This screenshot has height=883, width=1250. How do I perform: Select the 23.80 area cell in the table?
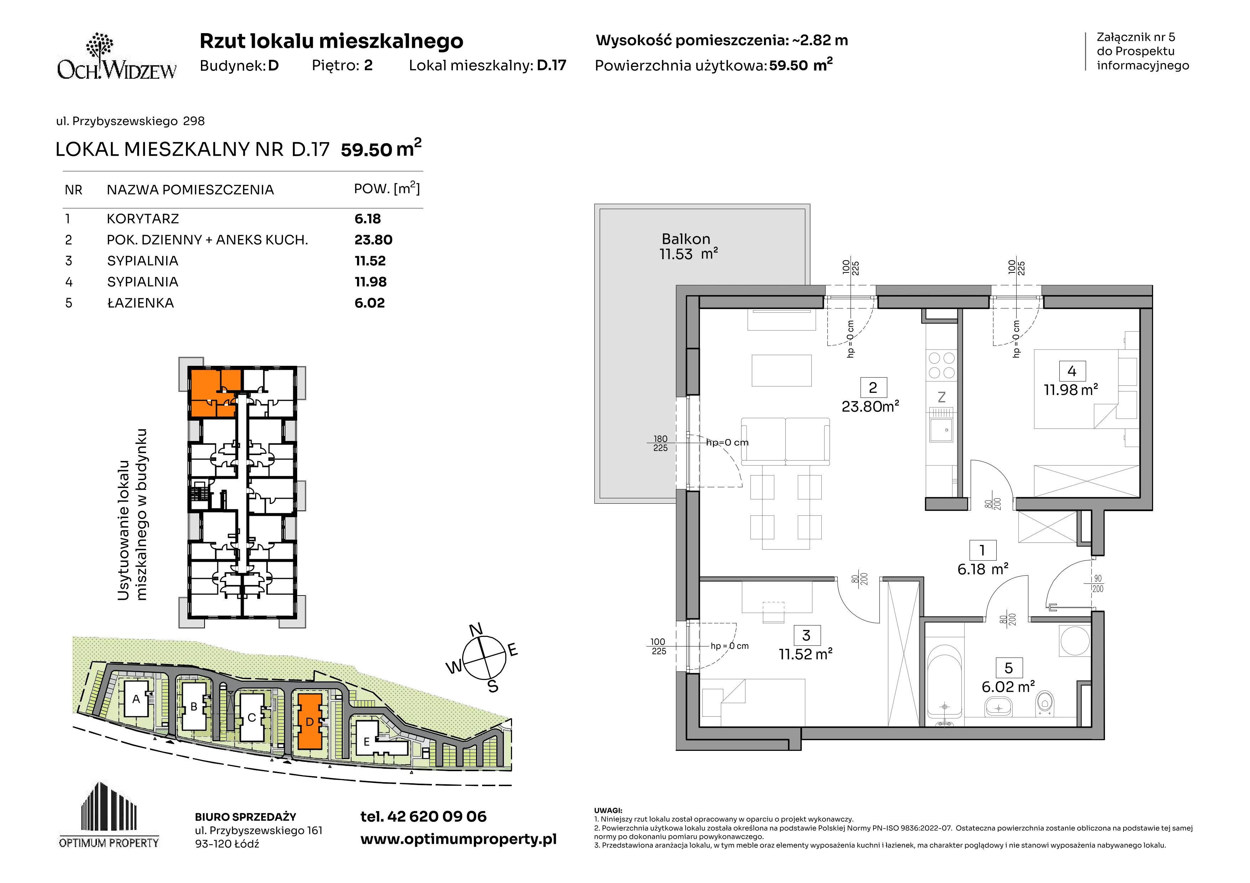coord(373,240)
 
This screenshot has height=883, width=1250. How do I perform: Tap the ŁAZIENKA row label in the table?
coord(140,303)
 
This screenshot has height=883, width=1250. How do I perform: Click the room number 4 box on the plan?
coord(1072,371)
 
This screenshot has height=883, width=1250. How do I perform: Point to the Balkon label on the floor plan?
coord(686,239)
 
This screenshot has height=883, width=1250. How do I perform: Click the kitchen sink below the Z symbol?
coord(941,430)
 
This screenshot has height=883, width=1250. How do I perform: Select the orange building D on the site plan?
coord(309,721)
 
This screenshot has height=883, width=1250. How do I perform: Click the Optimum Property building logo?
coord(109,815)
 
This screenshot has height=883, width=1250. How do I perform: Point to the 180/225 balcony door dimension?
coord(660,443)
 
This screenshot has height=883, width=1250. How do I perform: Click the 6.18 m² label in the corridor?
coord(983,570)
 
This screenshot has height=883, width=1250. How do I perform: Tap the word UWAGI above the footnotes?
coord(608,811)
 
